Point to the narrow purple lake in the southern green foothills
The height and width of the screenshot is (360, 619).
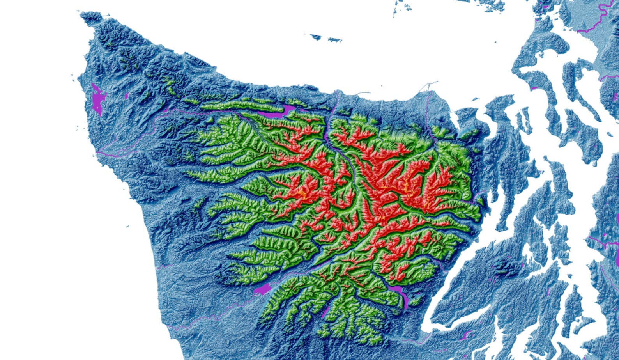tap(325, 312)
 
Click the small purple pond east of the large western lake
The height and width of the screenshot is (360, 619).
tap(126, 96)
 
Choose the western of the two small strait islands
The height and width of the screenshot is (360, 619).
tap(316, 37)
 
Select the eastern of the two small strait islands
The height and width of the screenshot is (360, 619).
tap(334, 39)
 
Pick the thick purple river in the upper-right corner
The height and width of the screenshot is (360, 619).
tap(600, 20)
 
